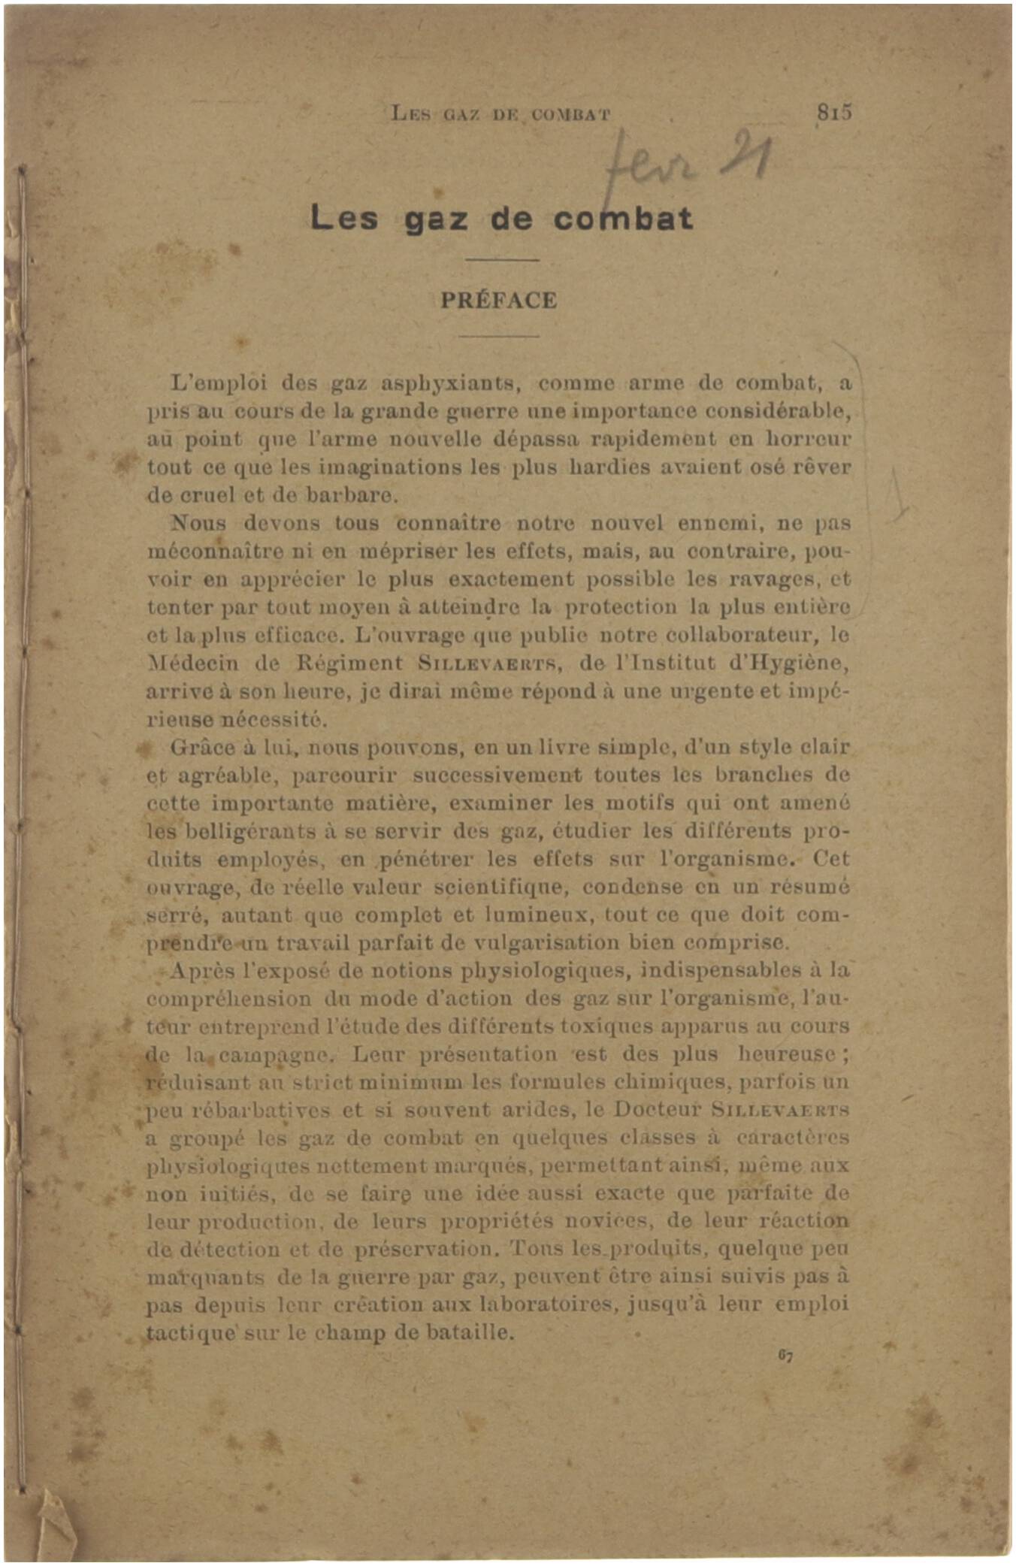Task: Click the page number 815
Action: point(834,113)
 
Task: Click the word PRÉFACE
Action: point(499,301)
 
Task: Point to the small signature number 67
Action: point(785,1356)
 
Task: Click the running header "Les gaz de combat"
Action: point(500,115)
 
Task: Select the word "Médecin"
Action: point(192,664)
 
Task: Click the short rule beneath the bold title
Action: point(501,260)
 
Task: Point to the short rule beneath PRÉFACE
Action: point(499,336)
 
